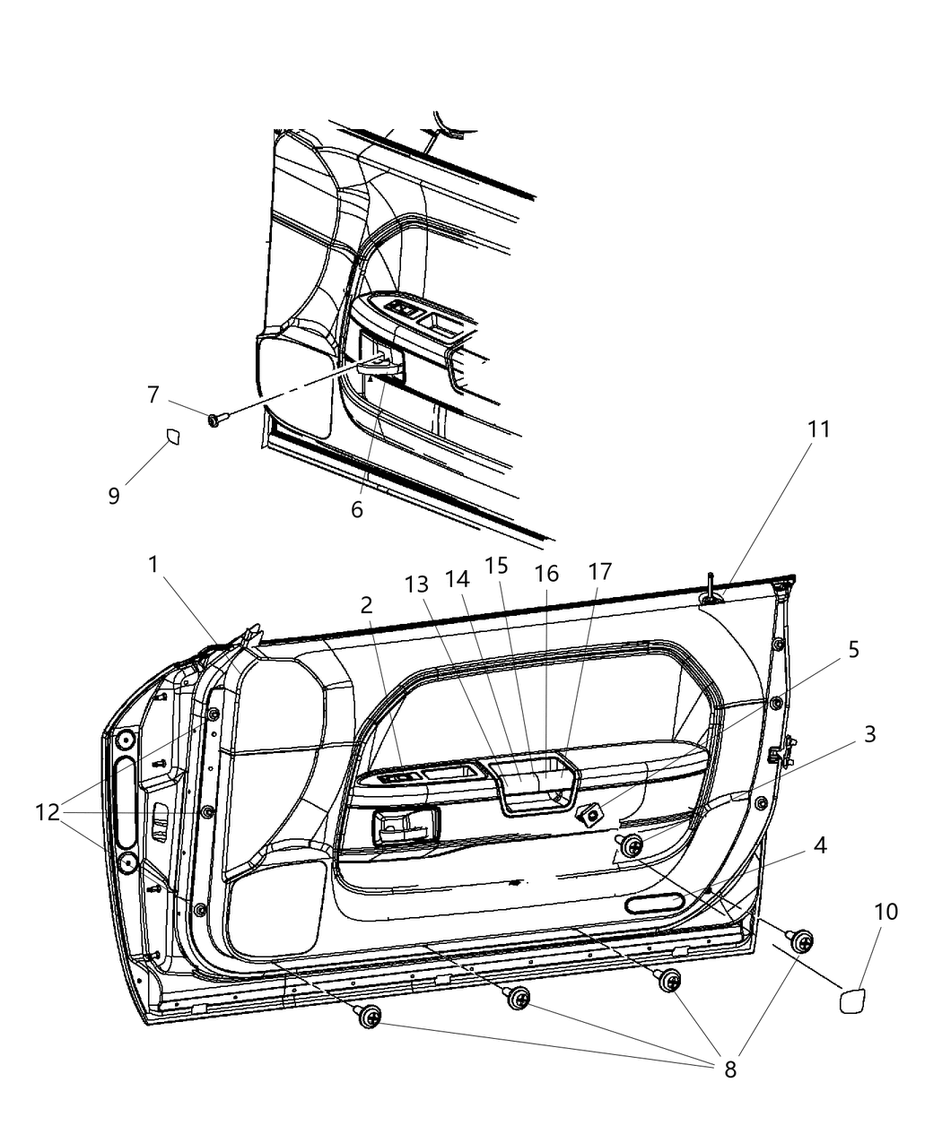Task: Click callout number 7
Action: [x=153, y=394]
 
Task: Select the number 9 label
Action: [x=113, y=496]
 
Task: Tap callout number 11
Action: [x=819, y=429]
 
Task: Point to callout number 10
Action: [x=885, y=912]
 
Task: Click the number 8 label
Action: [x=730, y=1069]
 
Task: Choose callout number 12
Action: [x=48, y=812]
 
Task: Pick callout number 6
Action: [x=357, y=509]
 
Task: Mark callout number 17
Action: [x=599, y=572]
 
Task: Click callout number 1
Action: [x=153, y=565]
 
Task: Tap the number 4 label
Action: [x=820, y=845]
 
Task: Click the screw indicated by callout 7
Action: [x=215, y=420]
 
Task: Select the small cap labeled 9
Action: [x=173, y=437]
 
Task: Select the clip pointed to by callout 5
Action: [x=590, y=816]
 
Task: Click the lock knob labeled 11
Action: [x=711, y=591]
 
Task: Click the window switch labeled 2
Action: [x=401, y=776]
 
